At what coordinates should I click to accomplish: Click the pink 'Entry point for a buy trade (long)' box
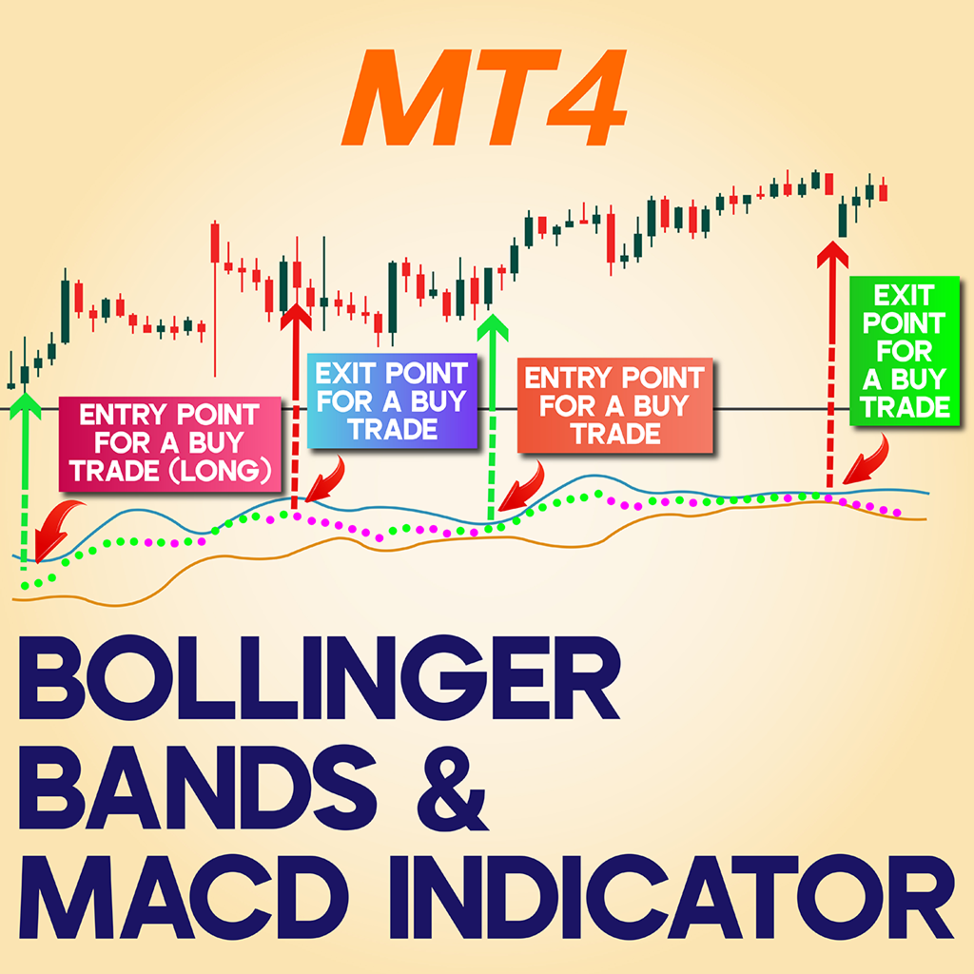[170, 442]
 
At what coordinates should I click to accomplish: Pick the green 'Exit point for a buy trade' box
[905, 351]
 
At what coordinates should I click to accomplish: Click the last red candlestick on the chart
[884, 190]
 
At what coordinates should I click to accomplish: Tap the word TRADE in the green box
[905, 407]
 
